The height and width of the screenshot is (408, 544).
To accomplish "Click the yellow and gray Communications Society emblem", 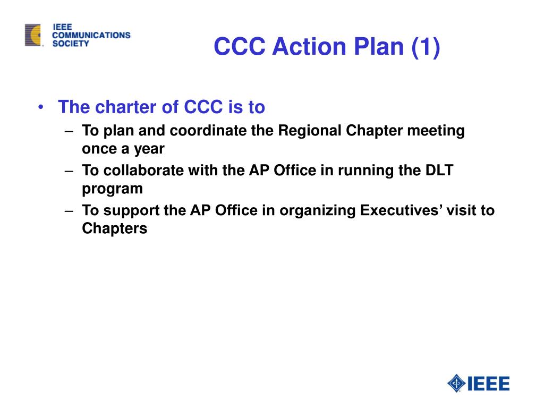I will point(32,35).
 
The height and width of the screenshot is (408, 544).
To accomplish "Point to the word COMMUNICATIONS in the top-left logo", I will point(91,35).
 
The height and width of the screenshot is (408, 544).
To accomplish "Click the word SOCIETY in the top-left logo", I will point(71,44).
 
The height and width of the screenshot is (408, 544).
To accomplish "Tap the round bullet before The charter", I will point(41,107).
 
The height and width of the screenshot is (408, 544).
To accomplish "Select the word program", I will point(112,189).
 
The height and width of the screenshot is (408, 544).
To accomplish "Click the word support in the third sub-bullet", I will point(131,210).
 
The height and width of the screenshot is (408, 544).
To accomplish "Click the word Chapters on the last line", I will point(114,228).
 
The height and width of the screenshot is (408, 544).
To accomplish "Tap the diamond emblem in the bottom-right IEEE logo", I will point(456,383).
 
